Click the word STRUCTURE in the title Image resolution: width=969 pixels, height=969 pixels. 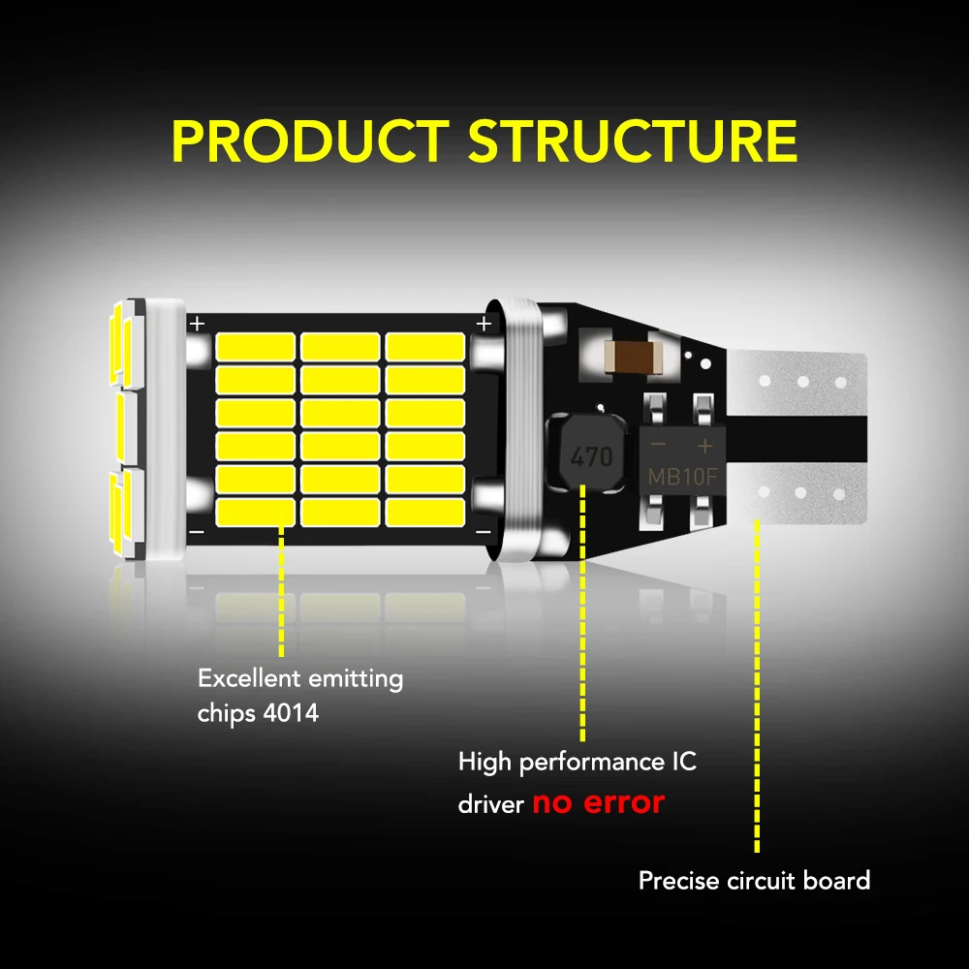[x=632, y=141]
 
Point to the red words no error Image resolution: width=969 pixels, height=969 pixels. [x=598, y=803]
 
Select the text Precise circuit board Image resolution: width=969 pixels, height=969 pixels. [x=754, y=881]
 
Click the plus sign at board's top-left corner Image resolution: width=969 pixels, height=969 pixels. [x=198, y=323]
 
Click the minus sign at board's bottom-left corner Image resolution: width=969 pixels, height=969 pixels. [x=197, y=533]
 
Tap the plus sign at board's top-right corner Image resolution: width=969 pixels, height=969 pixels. [x=482, y=323]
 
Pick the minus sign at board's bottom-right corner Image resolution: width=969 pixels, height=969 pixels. [x=482, y=533]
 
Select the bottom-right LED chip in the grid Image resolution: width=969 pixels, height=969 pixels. [x=425, y=512]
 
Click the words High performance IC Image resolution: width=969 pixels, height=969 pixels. [x=577, y=763]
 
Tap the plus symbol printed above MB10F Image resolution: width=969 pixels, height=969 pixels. [x=705, y=445]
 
